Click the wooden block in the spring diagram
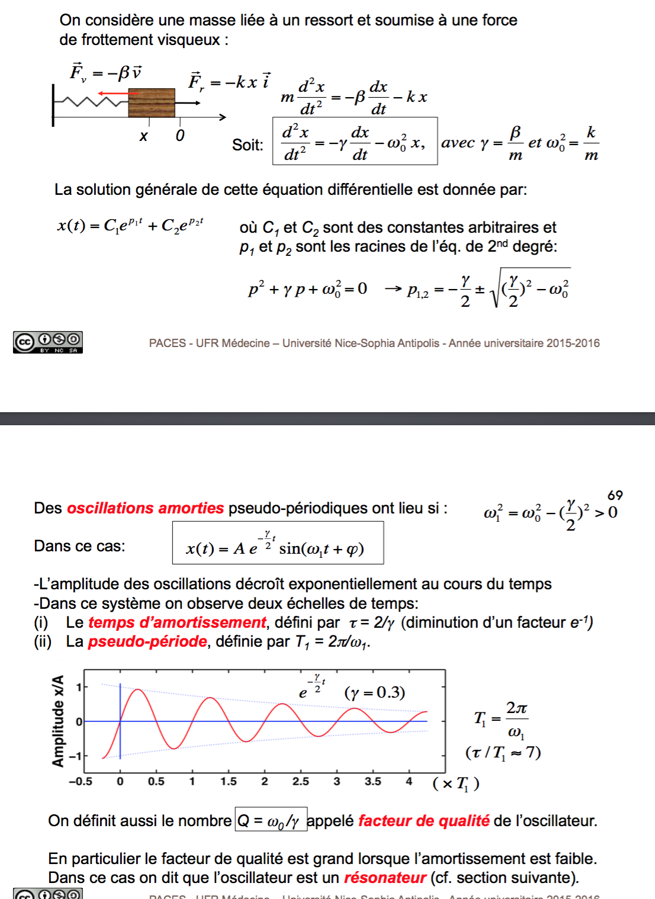point(152,102)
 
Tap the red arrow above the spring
point(118,93)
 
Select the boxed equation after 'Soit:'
point(355,141)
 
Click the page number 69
point(615,495)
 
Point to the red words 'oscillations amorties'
point(145,508)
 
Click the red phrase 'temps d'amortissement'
point(177,622)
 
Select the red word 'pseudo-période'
point(147,641)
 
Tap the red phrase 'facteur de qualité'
point(423,821)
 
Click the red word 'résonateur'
point(385,878)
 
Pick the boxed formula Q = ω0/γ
point(271,820)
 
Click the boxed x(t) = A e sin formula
point(278,543)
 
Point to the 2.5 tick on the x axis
point(300,782)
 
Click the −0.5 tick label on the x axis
point(81,782)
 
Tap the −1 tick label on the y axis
point(75,756)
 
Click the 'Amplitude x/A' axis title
point(58,721)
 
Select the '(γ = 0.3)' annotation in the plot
point(374,692)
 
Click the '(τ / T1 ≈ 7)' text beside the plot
point(503,753)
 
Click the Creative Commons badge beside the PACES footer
point(48,342)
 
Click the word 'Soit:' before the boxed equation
point(248,145)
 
